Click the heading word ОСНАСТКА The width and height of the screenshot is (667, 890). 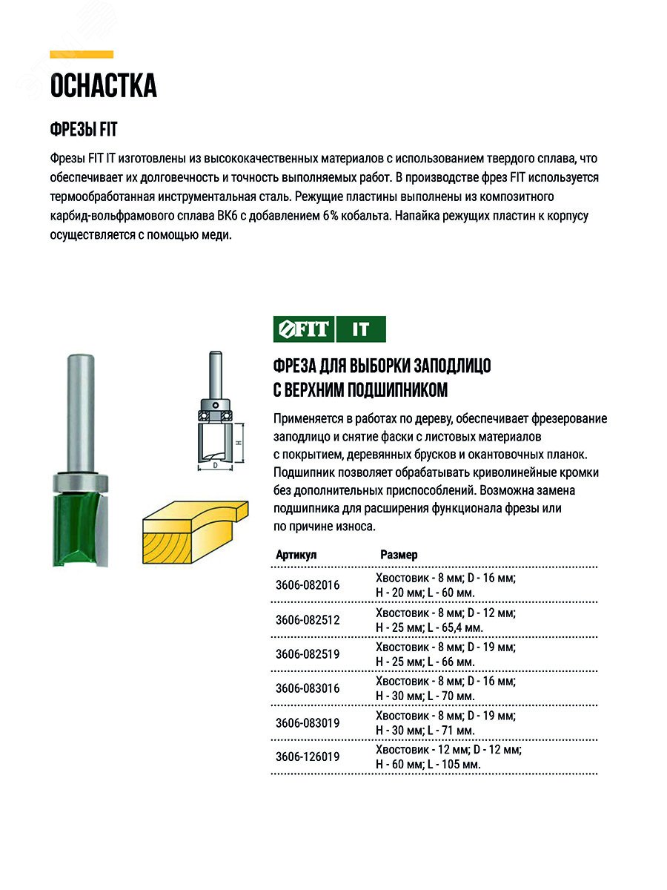click(x=103, y=86)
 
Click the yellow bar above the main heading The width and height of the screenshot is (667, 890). click(x=82, y=54)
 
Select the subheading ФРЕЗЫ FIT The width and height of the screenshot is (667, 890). click(x=84, y=130)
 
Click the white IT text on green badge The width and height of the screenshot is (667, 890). click(x=361, y=329)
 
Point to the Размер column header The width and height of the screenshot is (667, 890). click(x=399, y=555)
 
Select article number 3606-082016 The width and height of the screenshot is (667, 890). click(x=307, y=585)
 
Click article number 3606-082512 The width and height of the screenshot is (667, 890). click(x=307, y=619)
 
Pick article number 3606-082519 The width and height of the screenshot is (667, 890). click(x=307, y=653)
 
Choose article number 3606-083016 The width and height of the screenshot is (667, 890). click(x=307, y=688)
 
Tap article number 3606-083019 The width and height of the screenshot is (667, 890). click(x=307, y=722)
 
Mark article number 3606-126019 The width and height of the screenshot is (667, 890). click(x=307, y=756)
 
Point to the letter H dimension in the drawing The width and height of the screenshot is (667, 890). click(x=239, y=442)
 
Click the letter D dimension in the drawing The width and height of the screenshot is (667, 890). click(x=215, y=466)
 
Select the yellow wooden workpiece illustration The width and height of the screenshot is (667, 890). click(x=193, y=530)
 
